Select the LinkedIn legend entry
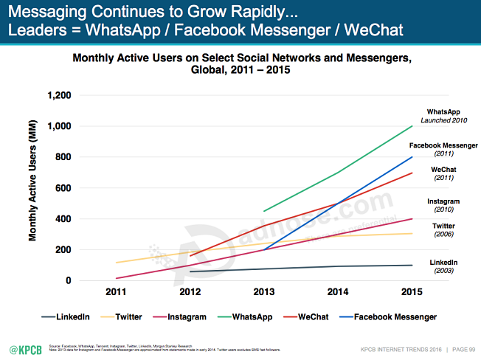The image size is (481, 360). (66, 316)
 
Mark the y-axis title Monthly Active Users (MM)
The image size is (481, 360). (32, 187)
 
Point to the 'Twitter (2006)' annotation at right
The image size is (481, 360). (444, 229)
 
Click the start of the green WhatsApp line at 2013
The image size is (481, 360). (264, 211)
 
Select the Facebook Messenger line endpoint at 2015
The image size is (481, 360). (412, 157)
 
